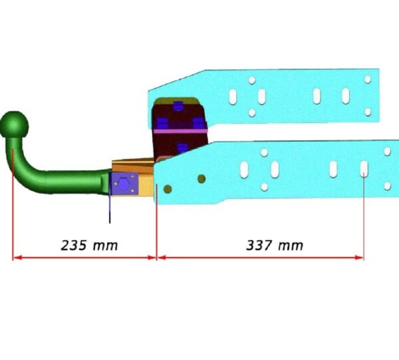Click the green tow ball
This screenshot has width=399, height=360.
[14, 124]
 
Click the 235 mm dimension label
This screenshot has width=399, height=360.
[89, 246]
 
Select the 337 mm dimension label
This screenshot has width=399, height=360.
[275, 246]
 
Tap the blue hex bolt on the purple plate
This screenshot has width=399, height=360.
[124, 184]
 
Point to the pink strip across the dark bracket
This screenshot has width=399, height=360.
[180, 131]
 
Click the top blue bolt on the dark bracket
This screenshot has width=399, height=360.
[178, 106]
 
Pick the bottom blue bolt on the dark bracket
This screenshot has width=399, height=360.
[182, 148]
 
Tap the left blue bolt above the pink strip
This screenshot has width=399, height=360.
[162, 122]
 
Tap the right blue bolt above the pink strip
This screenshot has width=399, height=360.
[198, 122]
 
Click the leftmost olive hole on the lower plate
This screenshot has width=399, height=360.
[168, 189]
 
